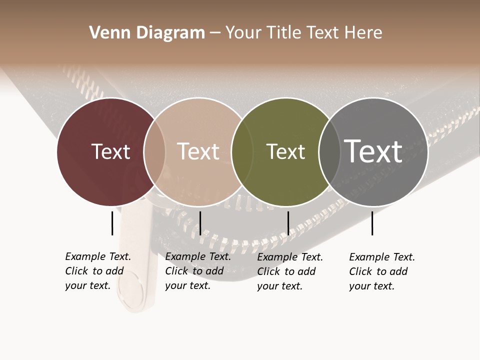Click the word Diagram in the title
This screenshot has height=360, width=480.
click(170, 33)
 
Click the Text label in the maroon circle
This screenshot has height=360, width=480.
click(110, 151)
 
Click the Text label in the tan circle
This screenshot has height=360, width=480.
click(198, 151)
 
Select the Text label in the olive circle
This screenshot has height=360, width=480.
click(285, 151)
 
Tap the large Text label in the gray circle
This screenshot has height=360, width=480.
click(373, 151)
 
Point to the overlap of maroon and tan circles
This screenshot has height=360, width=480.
click(154, 151)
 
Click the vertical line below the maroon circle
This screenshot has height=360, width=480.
click(112, 223)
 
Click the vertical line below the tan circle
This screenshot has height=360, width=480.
click(200, 223)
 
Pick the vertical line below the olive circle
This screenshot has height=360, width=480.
click(288, 223)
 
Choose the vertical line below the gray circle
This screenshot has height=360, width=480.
click(372, 223)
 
